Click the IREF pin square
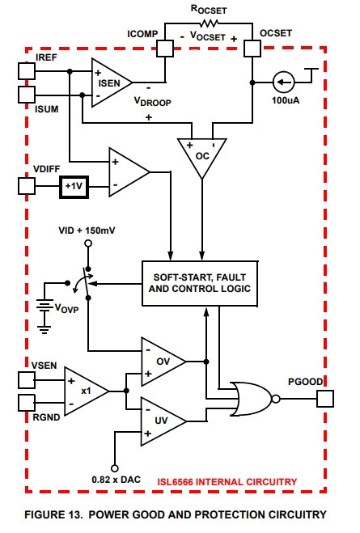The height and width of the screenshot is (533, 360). tap(27, 71)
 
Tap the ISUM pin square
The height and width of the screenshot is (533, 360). tap(27, 95)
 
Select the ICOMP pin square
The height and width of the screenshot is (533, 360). tap(165, 49)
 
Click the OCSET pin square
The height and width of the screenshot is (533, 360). tap(252, 49)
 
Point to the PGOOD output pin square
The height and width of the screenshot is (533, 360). tap(325, 399)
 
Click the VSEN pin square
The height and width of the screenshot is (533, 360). tap(27, 380)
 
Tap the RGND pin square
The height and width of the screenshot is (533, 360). tap(27, 403)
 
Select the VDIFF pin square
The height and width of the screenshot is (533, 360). tap(27, 186)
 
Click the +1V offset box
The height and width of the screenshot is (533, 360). tap(74, 187)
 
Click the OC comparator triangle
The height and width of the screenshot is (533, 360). tap(202, 154)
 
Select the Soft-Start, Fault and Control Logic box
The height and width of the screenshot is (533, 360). tap(200, 284)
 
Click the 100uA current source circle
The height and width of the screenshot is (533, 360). tap(284, 82)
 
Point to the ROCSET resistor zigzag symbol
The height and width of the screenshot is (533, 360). tap(209, 23)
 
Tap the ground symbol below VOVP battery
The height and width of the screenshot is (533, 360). tap(44, 329)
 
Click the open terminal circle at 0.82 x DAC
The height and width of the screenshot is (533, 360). tap(115, 468)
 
